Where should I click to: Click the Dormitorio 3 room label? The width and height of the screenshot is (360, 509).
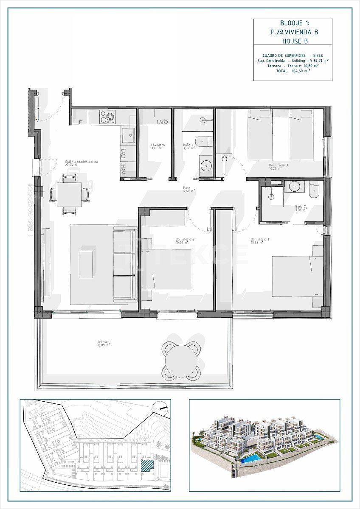278,166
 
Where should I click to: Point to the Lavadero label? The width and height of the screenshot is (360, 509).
158,145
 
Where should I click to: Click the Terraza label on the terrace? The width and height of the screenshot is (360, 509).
103,342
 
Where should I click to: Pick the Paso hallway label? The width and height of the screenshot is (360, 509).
187,188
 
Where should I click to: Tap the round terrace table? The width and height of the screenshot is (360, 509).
181,361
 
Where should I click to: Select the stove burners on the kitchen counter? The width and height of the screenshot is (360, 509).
108,116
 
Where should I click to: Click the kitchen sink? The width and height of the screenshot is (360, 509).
128,136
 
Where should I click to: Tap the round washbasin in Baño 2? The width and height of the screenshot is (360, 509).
294,185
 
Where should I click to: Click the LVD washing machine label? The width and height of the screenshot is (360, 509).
162,122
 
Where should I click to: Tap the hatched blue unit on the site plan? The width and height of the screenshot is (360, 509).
146,465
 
